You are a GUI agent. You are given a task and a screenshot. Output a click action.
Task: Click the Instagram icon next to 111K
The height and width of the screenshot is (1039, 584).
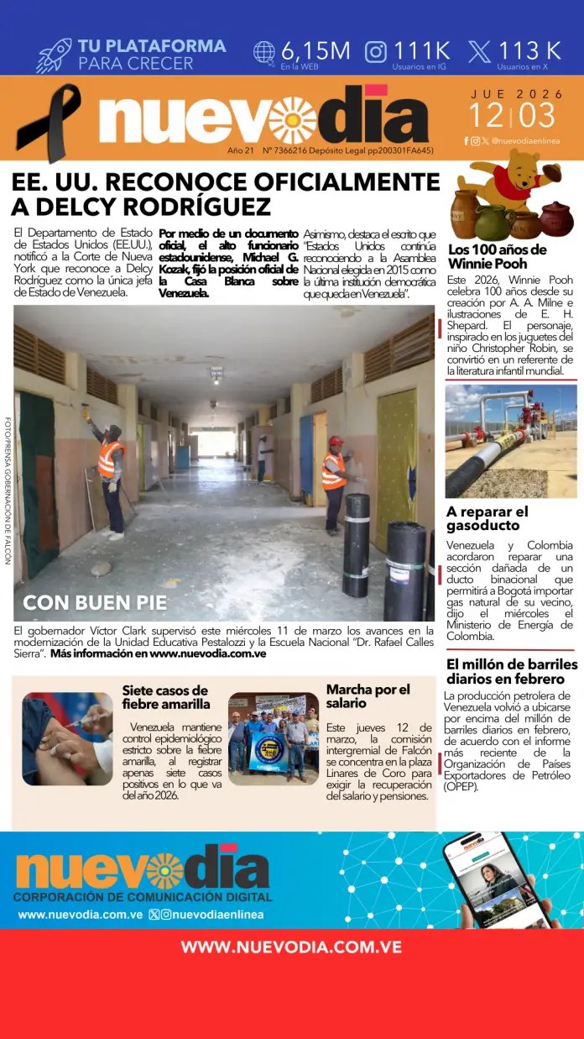click(x=376, y=51)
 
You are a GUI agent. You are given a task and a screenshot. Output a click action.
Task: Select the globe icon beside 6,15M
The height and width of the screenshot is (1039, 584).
click(x=264, y=52)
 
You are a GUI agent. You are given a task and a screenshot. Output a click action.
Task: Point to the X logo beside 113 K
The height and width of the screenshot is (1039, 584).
click(x=479, y=52)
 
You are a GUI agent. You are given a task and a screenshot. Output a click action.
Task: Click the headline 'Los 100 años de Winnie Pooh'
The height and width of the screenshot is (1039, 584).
click(x=497, y=256)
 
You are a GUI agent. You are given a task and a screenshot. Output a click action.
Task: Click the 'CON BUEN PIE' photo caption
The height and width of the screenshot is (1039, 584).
click(x=95, y=602)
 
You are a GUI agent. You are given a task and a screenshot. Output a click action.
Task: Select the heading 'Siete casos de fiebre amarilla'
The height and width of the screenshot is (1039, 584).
click(x=165, y=697)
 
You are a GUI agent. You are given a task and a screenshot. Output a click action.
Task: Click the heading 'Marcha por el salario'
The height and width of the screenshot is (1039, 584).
click(x=368, y=696)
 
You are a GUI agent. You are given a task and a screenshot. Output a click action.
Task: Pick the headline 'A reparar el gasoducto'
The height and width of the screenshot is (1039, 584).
click(x=488, y=518)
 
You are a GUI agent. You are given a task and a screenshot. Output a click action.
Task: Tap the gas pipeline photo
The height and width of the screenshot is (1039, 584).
click(x=511, y=441)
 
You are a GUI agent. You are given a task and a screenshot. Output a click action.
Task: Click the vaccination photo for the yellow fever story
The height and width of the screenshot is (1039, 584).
click(x=67, y=738)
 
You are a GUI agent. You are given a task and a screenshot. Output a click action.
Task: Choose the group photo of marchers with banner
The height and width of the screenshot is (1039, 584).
click(x=274, y=738)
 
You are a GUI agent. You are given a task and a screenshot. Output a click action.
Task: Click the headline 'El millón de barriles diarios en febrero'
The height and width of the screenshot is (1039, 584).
click(x=512, y=671)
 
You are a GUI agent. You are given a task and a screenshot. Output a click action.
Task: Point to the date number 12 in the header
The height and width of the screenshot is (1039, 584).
click(x=486, y=115)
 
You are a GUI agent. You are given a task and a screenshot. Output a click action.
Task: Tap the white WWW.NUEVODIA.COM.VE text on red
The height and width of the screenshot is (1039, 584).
click(x=291, y=947)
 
